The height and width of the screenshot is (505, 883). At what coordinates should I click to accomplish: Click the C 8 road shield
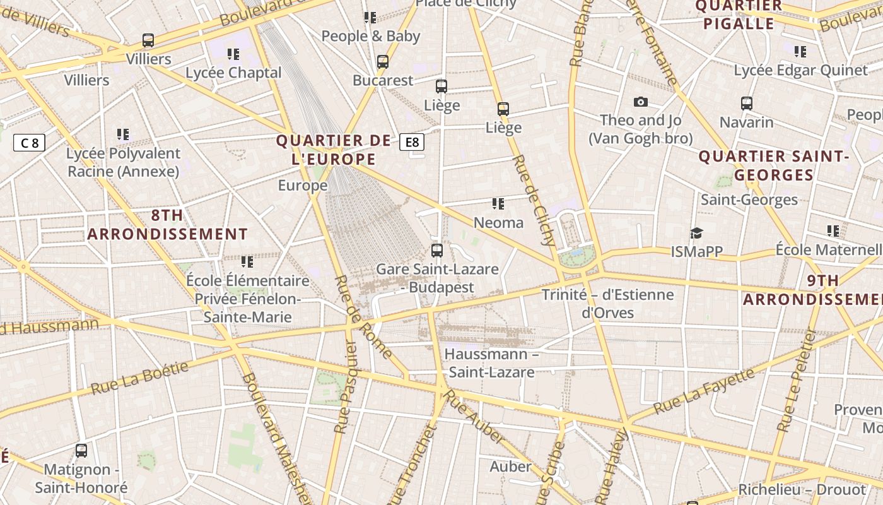point(30,143)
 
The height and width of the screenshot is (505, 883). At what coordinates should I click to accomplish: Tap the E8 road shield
point(412,142)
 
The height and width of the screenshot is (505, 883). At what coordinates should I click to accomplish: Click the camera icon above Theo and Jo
point(641,102)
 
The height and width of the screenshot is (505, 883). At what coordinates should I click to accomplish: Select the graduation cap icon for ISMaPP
point(696,234)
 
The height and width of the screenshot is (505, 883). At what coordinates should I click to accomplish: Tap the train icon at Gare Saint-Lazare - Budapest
point(436,250)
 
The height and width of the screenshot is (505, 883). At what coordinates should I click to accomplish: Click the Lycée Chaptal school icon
point(233,54)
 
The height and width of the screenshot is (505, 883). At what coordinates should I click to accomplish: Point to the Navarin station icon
point(747,104)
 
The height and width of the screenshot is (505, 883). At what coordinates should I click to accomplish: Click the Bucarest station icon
point(383,62)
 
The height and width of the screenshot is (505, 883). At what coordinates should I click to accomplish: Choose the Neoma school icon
point(498,204)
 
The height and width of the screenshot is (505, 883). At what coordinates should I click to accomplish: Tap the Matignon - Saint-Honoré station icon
point(81,451)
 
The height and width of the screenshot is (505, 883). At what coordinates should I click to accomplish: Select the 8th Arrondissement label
point(167,224)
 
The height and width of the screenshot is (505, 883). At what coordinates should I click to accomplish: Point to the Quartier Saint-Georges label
point(774,165)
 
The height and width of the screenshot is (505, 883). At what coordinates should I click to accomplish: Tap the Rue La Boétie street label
point(139,379)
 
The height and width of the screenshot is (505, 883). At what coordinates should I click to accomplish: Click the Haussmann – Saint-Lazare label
point(491,363)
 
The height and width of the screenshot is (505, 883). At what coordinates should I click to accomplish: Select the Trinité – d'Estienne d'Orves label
point(607,303)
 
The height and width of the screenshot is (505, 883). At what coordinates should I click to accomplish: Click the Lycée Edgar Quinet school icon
point(800,52)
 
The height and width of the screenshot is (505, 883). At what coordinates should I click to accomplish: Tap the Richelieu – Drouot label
point(802,489)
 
